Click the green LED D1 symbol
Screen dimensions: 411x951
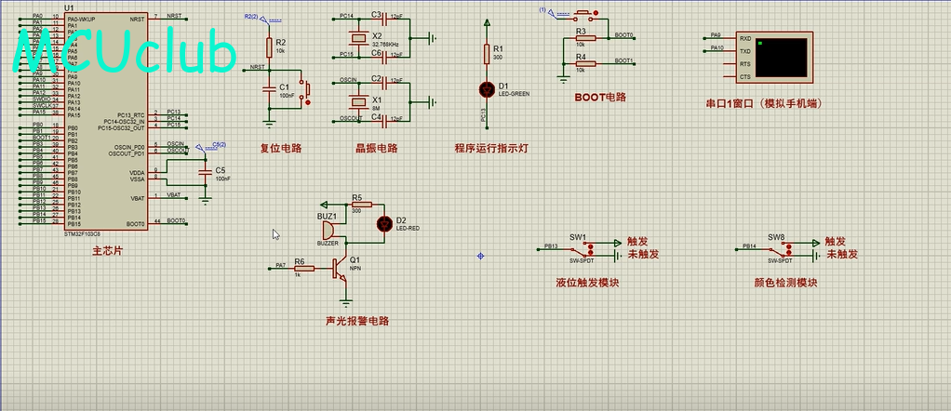[486, 89]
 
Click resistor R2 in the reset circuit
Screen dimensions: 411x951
[269, 46]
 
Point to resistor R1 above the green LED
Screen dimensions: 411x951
[486, 53]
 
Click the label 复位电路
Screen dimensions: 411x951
[280, 148]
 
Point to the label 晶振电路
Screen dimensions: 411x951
[376, 148]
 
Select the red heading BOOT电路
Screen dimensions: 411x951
[599, 97]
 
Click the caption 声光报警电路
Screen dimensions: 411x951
[356, 321]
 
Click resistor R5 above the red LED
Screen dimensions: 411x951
[361, 204]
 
